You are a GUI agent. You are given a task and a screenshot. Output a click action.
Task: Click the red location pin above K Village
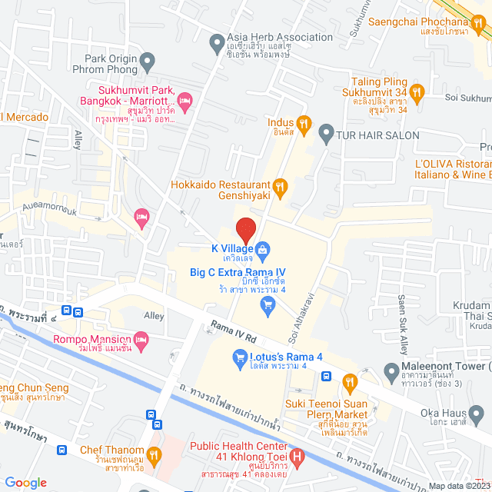click(x=245, y=229)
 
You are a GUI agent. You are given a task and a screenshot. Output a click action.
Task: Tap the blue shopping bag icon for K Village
click(x=263, y=248)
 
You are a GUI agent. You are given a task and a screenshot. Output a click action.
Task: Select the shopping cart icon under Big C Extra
click(x=268, y=307)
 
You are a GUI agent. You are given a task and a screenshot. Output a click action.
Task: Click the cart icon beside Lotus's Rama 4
click(x=238, y=357)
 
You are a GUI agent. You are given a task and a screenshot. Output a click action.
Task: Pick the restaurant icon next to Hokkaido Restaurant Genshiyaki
click(x=281, y=185)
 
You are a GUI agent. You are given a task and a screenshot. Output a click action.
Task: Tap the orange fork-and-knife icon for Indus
click(x=304, y=122)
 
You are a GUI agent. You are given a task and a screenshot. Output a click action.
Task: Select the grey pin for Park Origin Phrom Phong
click(x=148, y=59)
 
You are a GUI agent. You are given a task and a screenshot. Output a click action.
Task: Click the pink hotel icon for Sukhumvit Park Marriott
click(x=184, y=101)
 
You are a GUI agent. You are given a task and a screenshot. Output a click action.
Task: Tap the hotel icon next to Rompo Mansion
click(x=141, y=338)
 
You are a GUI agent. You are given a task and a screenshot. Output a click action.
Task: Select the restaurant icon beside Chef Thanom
click(x=154, y=456)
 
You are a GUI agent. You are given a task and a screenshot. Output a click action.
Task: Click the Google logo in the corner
click(x=26, y=482)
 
